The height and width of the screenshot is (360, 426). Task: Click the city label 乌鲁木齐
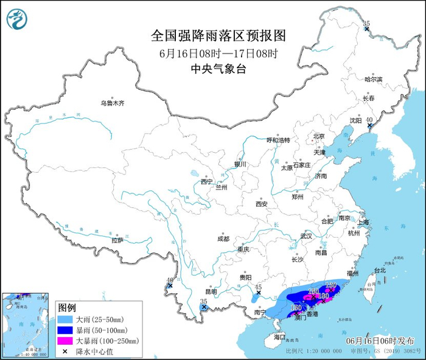[113, 103]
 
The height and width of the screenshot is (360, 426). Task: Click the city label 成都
[222, 239]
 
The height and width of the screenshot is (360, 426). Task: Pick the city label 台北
[379, 270]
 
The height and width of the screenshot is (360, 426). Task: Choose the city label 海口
[279, 336]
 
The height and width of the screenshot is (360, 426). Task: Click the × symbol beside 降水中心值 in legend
[65, 351]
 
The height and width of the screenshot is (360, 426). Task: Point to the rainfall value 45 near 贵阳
[258, 287]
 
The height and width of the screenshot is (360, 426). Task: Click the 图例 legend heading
[66, 307]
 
